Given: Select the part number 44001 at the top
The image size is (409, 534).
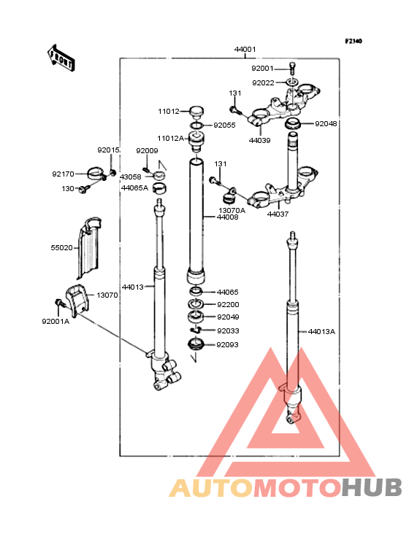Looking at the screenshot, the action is point(245,50).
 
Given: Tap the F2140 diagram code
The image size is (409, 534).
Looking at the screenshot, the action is point(353,41).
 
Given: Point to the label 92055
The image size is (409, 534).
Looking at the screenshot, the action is point(224,125).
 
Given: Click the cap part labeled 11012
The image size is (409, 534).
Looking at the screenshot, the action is point(196,112).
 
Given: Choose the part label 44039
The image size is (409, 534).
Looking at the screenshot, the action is point(259,140).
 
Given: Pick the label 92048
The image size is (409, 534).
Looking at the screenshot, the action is point(326,123).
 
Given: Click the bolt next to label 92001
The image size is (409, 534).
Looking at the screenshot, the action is point(292,68).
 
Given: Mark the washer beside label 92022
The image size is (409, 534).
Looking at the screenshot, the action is point(292,82).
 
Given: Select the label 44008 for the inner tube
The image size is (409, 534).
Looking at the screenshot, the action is point(228,217).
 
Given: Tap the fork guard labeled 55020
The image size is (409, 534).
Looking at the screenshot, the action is point(89,247).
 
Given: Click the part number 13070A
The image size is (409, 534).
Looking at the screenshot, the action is point(232,211).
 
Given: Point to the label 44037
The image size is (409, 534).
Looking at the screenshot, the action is point(278,214).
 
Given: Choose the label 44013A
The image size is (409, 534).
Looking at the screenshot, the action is point(321,332).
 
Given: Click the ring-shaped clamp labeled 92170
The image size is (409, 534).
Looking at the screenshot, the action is point(96,173).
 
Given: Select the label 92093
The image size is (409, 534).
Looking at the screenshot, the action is point(227,344).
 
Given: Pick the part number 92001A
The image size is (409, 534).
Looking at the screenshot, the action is point(56,322).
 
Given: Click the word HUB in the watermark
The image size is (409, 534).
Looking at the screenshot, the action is point(372,487).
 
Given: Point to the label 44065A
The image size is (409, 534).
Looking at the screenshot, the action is point(134,188).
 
